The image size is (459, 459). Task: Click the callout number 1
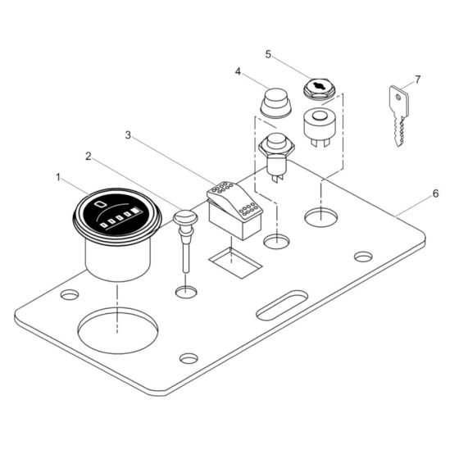[x=58, y=176]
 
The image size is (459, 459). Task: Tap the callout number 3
[x=129, y=134]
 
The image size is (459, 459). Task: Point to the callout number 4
[x=237, y=72]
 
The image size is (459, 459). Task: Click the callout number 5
[x=268, y=54]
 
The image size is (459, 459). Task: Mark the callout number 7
[x=416, y=80]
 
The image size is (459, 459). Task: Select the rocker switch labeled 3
[x=237, y=207]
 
